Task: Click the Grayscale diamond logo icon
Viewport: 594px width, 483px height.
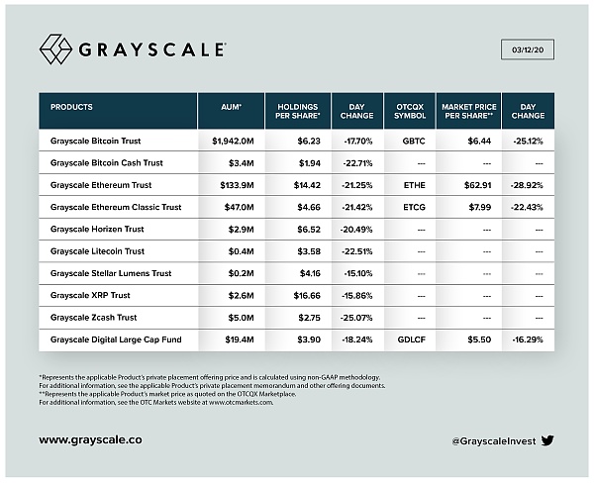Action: pyautogui.click(x=55, y=48)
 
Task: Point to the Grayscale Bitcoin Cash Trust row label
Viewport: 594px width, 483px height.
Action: pyautogui.click(x=107, y=162)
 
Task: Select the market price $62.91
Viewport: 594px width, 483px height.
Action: pyautogui.click(x=468, y=184)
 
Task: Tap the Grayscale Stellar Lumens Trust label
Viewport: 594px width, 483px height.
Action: pyautogui.click(x=111, y=272)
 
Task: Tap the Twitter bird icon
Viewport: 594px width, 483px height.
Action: pyautogui.click(x=547, y=437)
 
